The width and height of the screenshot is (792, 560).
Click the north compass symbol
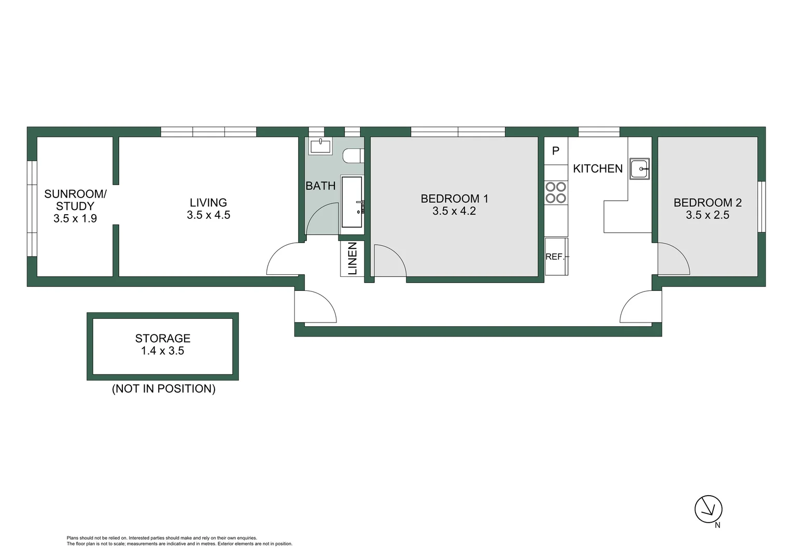[x=708, y=509]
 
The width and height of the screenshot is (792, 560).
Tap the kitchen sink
[x=640, y=169]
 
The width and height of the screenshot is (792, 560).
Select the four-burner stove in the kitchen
[x=556, y=192]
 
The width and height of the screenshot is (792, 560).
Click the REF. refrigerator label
[x=555, y=257]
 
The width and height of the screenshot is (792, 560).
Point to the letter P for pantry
[x=556, y=151]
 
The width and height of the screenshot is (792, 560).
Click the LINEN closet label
[x=352, y=258]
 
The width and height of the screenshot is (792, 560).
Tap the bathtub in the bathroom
[x=352, y=202]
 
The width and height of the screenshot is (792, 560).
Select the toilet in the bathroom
[x=354, y=156]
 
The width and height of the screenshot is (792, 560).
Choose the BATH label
[x=320, y=186]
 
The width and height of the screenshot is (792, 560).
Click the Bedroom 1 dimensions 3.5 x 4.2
[x=454, y=211]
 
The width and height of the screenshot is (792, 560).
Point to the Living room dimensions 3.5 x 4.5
[x=208, y=215]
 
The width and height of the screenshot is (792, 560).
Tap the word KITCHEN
[x=598, y=169]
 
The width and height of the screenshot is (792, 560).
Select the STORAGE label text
[x=163, y=339]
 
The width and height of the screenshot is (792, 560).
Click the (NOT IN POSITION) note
[x=163, y=389]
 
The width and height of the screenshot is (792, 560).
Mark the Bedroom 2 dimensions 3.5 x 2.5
[x=708, y=215]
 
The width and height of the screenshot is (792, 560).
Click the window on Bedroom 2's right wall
[x=761, y=206]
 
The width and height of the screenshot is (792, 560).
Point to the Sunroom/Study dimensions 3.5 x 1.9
[x=75, y=219]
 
